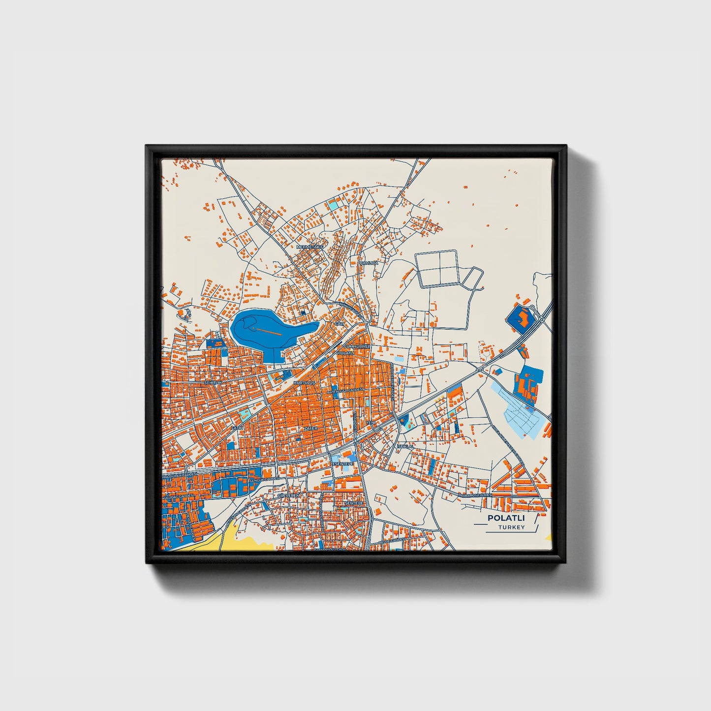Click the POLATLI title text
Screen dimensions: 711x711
pyautogui.click(x=506, y=518)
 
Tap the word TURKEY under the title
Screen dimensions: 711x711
pyautogui.click(x=511, y=527)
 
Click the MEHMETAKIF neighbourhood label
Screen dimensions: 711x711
pyautogui.click(x=309, y=246)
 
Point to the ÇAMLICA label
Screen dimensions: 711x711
pyautogui.click(x=369, y=263)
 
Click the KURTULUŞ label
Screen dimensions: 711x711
pyautogui.click(x=303, y=382)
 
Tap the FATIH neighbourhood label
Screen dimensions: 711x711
pyautogui.click(x=237, y=428)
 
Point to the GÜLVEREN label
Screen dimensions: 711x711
pyautogui.click(x=289, y=495)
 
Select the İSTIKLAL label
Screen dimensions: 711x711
pyautogui.click(x=405, y=446)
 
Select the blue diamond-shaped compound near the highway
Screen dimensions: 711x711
pyautogui.click(x=522, y=319)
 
